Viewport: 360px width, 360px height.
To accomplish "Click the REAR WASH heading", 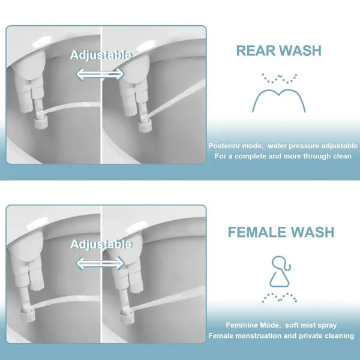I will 278,50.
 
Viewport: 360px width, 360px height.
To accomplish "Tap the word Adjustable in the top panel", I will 101,55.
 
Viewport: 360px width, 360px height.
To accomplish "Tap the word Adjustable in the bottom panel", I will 101,244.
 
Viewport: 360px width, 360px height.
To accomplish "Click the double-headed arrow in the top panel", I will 100,73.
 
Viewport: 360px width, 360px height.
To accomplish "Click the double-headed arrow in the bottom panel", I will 100,262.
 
